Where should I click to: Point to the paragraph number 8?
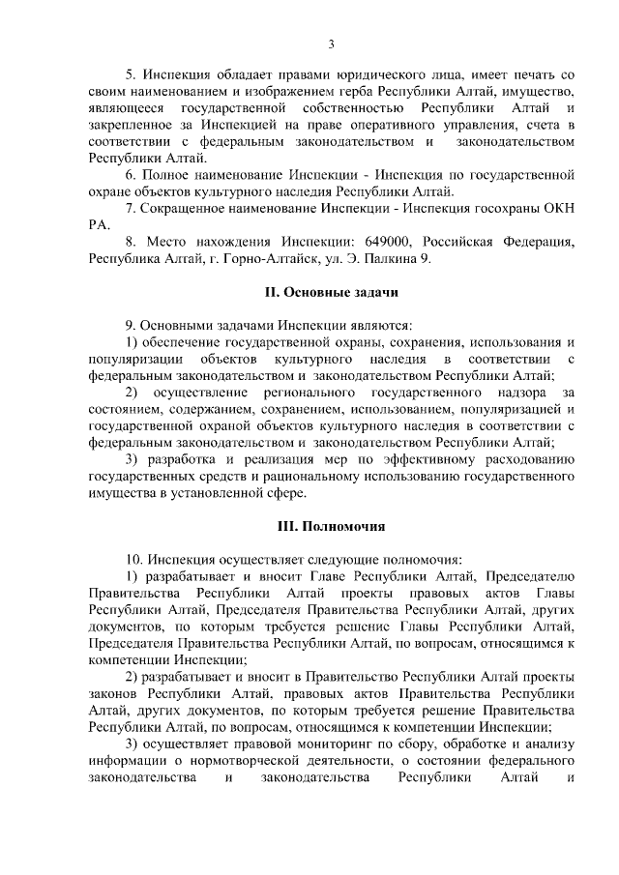coord(132,241)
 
